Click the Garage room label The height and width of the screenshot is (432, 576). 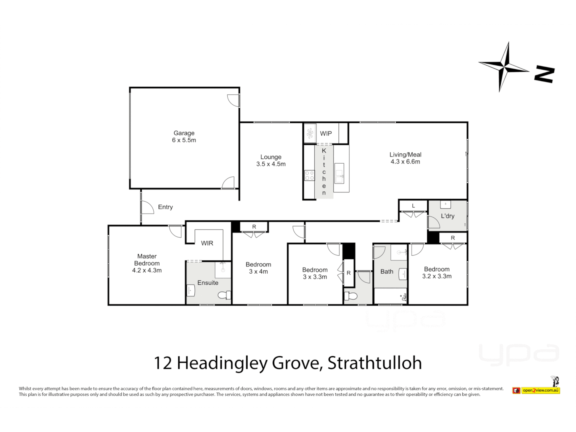coord(184,133)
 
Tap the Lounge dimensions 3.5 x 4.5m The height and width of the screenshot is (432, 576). coord(271,164)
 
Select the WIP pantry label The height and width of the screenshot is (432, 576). coord(326,134)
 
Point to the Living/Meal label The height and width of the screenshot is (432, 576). coord(405,155)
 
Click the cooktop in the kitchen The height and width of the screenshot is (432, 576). coord(310,175)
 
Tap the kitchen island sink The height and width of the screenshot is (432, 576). coord(339,173)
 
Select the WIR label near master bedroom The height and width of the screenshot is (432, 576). coord(207,243)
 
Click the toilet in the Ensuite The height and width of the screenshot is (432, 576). coord(224,295)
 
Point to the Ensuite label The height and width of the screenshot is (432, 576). coord(208,283)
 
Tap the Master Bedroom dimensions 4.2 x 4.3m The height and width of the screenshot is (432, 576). coord(147,270)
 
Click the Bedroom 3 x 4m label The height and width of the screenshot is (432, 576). coord(258,264)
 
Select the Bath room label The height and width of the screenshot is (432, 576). coord(386,272)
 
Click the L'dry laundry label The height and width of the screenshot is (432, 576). coord(447,216)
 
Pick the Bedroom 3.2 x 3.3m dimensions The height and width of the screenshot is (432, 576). coord(437,276)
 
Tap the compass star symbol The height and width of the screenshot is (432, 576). coord(505,67)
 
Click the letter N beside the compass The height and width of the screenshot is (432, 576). coord(544,75)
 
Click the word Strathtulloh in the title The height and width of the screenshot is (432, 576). coord(374,363)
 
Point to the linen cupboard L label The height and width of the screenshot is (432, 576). coord(413,206)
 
